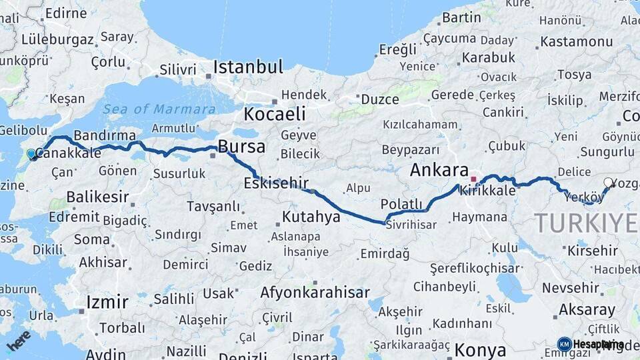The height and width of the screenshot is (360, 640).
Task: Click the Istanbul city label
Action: tap(248, 67)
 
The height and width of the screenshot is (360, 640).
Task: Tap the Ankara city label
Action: tap(439, 169)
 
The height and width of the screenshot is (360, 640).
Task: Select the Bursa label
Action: tap(241, 147)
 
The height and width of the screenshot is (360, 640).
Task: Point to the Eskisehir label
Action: tap(276, 182)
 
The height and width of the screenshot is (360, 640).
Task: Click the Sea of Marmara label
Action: tap(159, 109)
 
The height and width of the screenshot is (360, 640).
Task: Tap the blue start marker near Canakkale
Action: tap(31, 154)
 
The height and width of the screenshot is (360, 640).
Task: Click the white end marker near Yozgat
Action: tap(609, 182)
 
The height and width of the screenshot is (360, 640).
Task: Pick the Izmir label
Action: tap(107, 302)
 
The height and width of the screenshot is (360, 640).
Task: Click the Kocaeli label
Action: tap(274, 114)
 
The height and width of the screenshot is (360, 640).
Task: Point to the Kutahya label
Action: tap(312, 217)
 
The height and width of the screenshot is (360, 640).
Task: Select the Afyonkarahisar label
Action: tap(315, 292)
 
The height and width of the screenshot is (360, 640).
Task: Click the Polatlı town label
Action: tap(401, 203)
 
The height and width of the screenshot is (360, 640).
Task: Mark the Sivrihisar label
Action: tap(411, 225)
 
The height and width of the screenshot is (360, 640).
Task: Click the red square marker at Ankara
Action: tap(473, 179)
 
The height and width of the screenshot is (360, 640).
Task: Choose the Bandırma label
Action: tap(105, 135)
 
